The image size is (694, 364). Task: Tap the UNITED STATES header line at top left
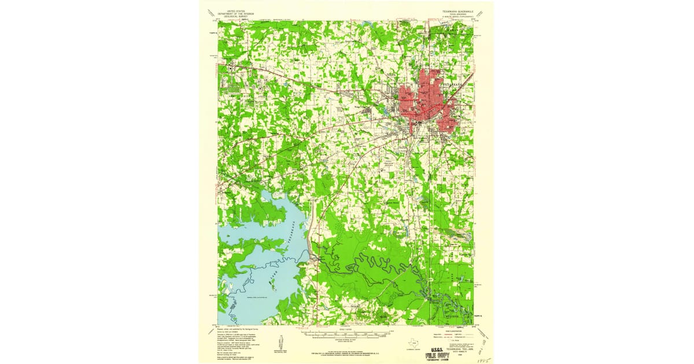236,11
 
